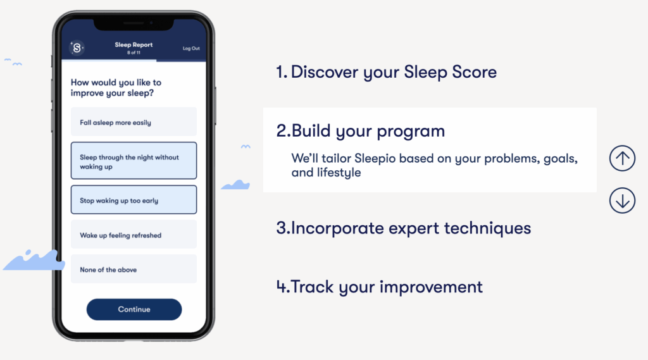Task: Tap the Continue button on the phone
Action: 134,309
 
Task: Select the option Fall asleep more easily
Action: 134,122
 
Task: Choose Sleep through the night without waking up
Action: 134,161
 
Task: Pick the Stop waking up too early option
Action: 134,200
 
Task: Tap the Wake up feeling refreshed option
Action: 134,234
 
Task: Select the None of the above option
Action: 134,269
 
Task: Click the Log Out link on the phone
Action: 191,48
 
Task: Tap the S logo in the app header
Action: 77,48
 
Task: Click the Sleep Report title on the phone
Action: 134,45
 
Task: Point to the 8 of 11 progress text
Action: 134,53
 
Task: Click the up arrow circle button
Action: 622,158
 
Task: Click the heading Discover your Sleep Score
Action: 387,72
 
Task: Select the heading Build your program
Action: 360,131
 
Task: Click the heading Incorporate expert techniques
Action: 403,228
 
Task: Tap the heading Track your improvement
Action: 380,287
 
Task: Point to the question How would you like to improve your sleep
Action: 116,87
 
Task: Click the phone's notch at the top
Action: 134,24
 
